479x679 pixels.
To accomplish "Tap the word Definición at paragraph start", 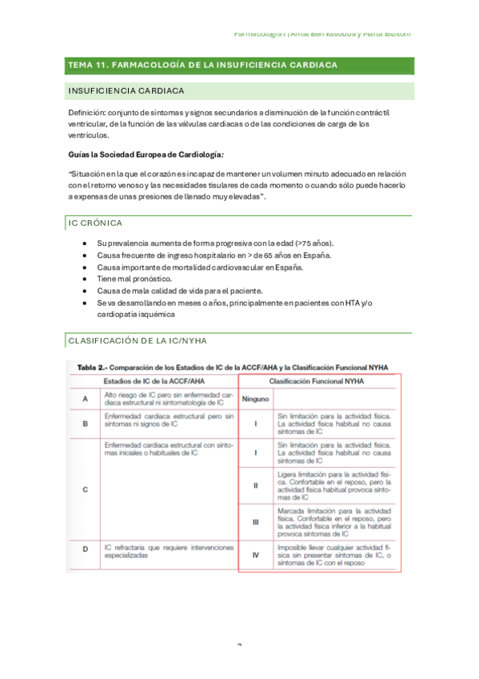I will [x=88, y=113].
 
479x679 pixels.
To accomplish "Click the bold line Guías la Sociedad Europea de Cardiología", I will [x=146, y=154].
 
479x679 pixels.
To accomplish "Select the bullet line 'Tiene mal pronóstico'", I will [x=134, y=278].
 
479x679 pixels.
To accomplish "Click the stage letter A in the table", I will [x=86, y=398].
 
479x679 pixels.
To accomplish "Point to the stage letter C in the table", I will [x=86, y=488].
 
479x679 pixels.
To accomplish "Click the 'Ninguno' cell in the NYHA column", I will [x=255, y=398].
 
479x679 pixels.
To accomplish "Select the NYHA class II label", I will [x=255, y=485].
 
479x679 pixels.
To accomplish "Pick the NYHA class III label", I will [x=255, y=522].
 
